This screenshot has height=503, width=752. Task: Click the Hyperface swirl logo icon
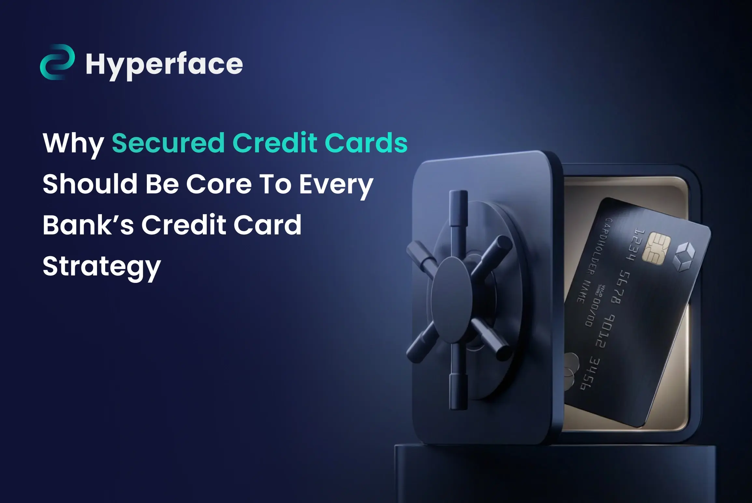pyautogui.click(x=57, y=62)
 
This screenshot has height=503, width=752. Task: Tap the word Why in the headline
pyautogui.click(x=73, y=144)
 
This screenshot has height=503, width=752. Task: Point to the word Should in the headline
pyautogui.click(x=90, y=184)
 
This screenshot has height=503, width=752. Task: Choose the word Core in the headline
pyautogui.click(x=219, y=184)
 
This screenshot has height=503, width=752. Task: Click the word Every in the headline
pyautogui.click(x=336, y=186)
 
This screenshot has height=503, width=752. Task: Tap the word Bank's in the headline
pyautogui.click(x=88, y=225)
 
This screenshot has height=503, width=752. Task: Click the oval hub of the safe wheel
pyautogui.click(x=451, y=295)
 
